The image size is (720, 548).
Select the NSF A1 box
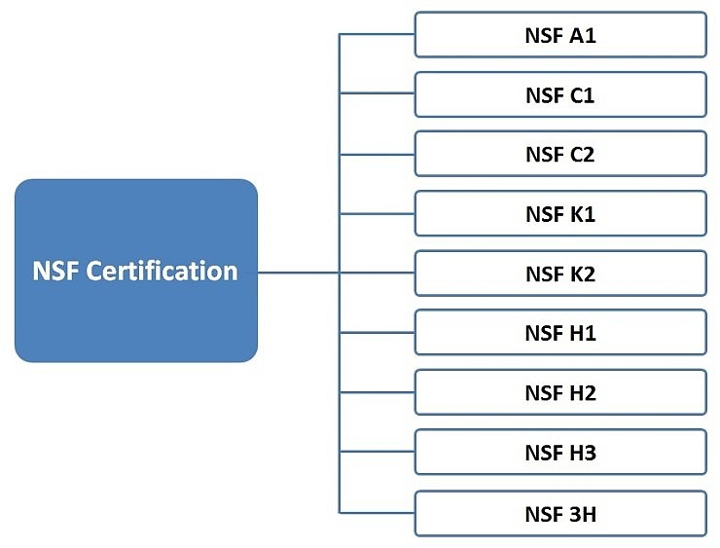(x=559, y=35)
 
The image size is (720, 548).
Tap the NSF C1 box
(x=559, y=94)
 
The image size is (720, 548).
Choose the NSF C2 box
(x=559, y=154)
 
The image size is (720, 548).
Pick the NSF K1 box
(x=559, y=213)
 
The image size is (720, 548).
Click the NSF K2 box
(x=559, y=274)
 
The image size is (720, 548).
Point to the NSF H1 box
(x=559, y=333)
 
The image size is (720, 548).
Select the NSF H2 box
(x=559, y=392)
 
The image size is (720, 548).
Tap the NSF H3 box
(x=559, y=452)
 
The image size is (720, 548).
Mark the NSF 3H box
(x=559, y=512)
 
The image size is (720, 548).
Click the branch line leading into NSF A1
(x=378, y=35)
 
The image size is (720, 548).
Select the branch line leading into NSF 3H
(x=378, y=512)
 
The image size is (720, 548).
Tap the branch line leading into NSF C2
(x=378, y=154)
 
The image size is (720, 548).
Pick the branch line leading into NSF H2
(x=378, y=392)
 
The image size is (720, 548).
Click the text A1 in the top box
(x=583, y=35)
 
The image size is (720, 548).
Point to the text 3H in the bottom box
(x=583, y=512)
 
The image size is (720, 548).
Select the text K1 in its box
(x=583, y=213)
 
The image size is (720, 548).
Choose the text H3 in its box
(x=583, y=452)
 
